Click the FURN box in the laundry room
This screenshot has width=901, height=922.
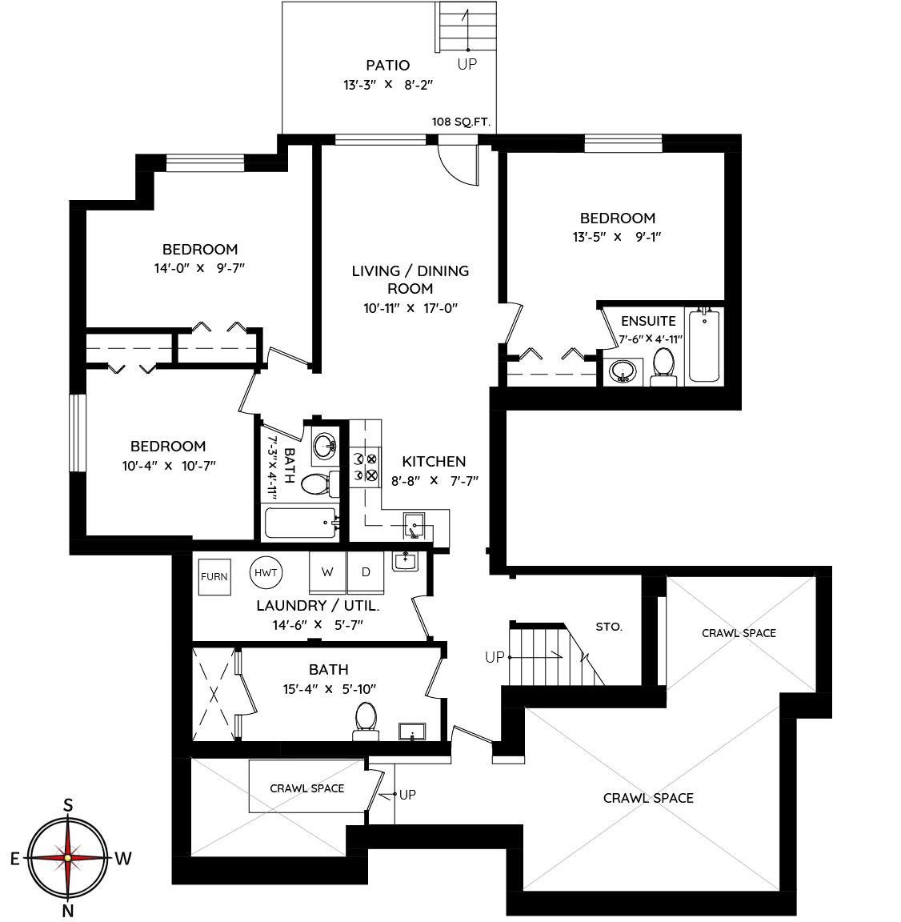click(214, 576)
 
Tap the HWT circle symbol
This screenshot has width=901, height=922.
click(266, 572)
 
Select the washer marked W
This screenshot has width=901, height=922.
click(328, 572)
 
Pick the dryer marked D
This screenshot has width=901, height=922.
click(366, 572)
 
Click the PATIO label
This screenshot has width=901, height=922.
click(388, 66)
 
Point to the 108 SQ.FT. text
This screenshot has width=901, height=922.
click(461, 122)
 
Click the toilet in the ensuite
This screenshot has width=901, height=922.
click(663, 367)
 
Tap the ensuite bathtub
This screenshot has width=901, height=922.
click(704, 347)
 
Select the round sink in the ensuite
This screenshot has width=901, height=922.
click(623, 371)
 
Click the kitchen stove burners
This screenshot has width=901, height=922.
click(364, 467)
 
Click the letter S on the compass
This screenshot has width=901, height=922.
click(68, 805)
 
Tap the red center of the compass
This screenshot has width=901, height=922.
click(68, 858)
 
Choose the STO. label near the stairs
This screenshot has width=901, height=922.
click(609, 627)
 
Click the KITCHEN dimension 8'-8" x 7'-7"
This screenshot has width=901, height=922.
click(435, 481)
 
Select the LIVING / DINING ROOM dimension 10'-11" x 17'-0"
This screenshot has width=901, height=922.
click(410, 308)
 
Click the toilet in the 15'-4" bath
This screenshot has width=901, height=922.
click(366, 722)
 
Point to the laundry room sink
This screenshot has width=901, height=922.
click(405, 562)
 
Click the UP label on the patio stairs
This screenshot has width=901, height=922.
click(467, 64)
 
